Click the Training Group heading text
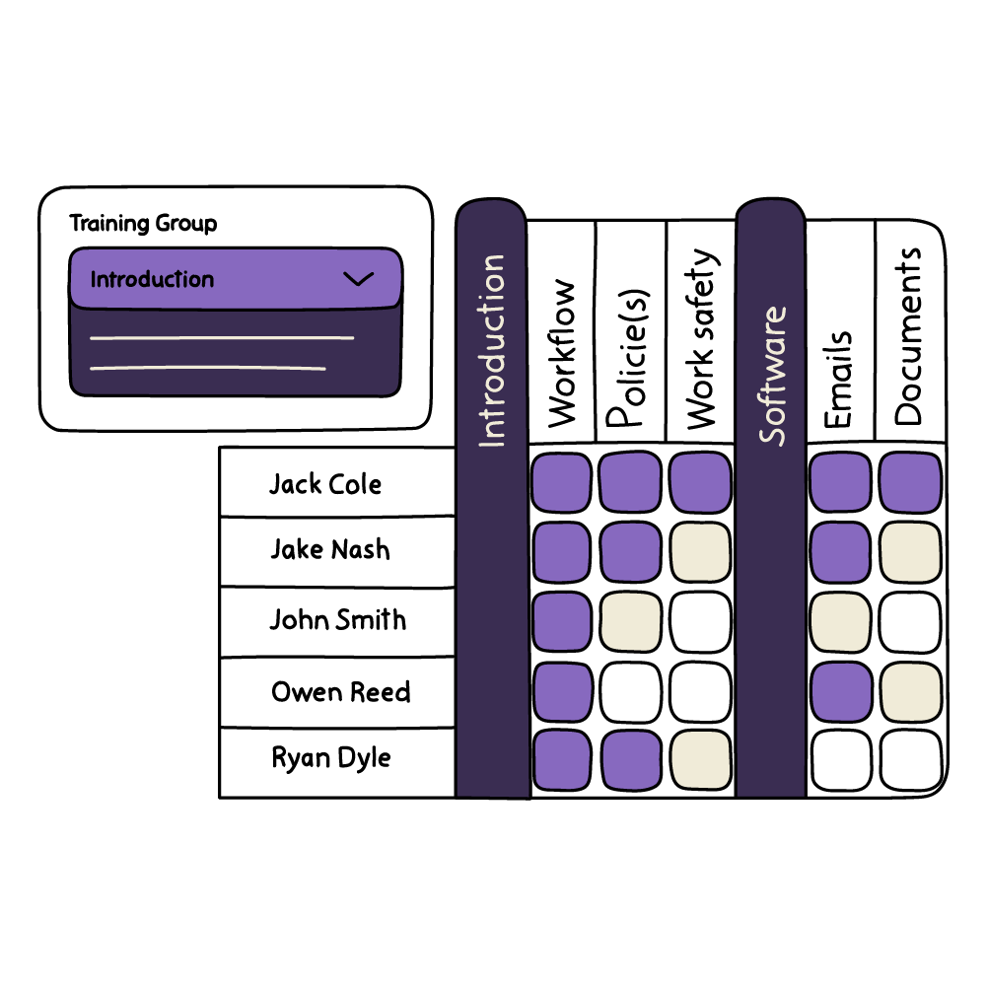143,224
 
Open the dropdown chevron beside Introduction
358,279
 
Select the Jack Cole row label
325,484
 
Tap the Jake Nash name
330,549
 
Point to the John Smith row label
337,620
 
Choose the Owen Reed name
341,692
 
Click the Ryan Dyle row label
331,758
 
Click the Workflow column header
562,353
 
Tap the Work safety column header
701,340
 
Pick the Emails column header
839,380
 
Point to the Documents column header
909,335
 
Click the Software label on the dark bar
772,375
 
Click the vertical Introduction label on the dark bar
491,350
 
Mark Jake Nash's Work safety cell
701,551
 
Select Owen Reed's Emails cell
840,692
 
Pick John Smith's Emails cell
840,622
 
